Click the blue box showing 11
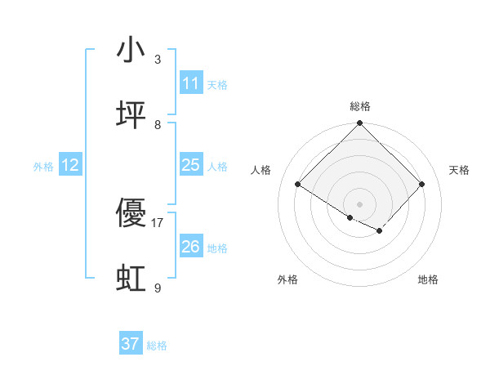190,83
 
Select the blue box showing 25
190,165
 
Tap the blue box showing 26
190,246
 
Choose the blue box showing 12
70,165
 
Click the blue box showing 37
131,344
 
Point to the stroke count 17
158,222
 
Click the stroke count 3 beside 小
158,59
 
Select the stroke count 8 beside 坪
158,124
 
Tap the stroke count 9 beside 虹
158,288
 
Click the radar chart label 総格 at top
360,106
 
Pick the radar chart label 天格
460,170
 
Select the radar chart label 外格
287,279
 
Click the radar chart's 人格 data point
298,185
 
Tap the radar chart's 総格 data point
360,123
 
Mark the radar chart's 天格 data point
422,185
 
